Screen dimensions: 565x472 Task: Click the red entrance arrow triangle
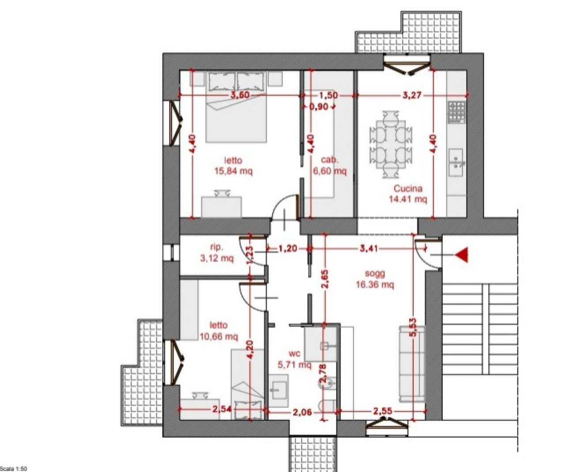(x=462, y=255)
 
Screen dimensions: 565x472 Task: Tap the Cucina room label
(x=408, y=188)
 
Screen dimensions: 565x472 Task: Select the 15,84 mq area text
(x=233, y=171)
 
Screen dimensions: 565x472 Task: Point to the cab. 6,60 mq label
(x=329, y=166)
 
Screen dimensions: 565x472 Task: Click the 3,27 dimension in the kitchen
(x=412, y=95)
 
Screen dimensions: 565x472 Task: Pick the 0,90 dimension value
(x=319, y=107)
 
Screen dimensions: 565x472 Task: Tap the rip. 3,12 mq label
(x=217, y=253)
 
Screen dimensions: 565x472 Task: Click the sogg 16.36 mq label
(x=375, y=279)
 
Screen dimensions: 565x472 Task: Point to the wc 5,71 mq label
(x=294, y=359)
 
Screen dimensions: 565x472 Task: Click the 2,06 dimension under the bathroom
(x=302, y=412)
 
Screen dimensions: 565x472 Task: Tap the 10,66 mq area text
(x=219, y=336)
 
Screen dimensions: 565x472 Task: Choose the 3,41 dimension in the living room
(x=369, y=248)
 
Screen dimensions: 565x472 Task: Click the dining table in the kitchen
(x=391, y=145)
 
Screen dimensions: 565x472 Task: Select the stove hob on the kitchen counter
(x=457, y=112)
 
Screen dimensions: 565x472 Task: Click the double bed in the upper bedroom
(x=236, y=107)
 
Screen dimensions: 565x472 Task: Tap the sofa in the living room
(x=411, y=365)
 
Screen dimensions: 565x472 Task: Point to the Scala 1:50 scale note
(x=14, y=468)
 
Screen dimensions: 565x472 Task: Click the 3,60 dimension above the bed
(x=240, y=95)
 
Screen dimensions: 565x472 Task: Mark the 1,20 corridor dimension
(x=288, y=248)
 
